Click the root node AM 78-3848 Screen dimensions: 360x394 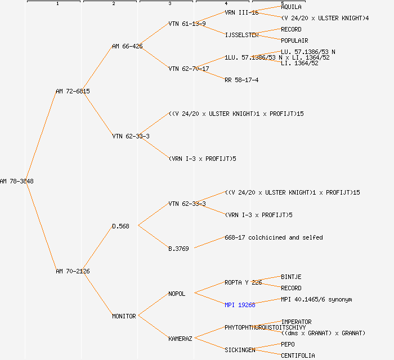click(17, 181)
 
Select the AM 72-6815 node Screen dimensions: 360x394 click(73, 91)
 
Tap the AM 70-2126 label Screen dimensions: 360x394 click(73, 271)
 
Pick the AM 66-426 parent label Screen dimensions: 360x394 click(127, 46)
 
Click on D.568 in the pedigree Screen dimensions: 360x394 click(120, 226)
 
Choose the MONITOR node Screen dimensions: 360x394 click(124, 316)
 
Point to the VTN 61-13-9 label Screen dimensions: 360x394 click(187, 24)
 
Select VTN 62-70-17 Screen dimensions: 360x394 click(189, 69)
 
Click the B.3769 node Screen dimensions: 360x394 click(178, 249)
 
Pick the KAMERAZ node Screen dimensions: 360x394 click(180, 339)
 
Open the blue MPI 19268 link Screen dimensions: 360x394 click(240, 305)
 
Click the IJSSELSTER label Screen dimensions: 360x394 click(241, 35)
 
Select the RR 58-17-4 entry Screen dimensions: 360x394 click(241, 80)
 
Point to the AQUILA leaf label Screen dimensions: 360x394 click(291, 7)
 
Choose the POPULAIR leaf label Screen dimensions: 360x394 click(294, 40)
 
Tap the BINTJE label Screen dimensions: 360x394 click(291, 277)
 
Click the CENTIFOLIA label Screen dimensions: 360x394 click(298, 355)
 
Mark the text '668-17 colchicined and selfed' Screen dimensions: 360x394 click(274, 237)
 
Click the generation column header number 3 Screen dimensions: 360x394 click(169, 4)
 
